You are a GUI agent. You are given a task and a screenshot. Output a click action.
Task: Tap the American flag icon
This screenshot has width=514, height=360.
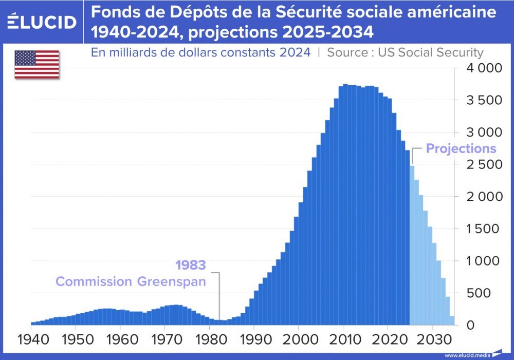tap(36, 65)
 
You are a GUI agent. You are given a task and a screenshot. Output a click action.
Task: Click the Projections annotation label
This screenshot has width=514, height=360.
tap(461, 149)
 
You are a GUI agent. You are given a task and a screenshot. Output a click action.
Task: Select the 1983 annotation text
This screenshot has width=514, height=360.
tap(190, 266)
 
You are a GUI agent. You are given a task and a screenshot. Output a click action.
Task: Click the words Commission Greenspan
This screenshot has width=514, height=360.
tap(131, 281)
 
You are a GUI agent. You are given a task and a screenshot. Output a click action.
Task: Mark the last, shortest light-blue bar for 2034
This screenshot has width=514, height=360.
tap(452, 320)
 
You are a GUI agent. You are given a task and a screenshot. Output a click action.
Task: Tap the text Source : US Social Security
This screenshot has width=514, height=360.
tap(405, 52)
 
